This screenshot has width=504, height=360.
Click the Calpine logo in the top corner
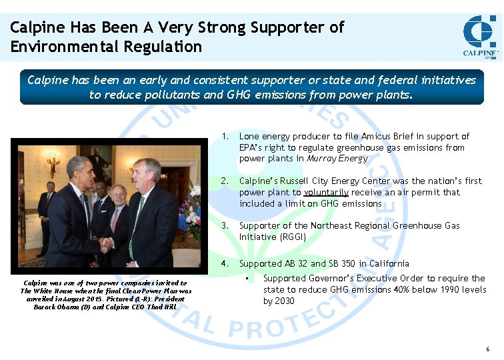pyautogui.click(x=480, y=37)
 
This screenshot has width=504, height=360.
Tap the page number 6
pyautogui.click(x=488, y=349)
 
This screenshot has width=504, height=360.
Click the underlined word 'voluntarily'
pyautogui.click(x=326, y=192)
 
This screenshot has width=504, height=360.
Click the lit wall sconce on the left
pyautogui.click(x=53, y=160)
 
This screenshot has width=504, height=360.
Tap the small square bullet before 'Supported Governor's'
pyautogui.click(x=247, y=278)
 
